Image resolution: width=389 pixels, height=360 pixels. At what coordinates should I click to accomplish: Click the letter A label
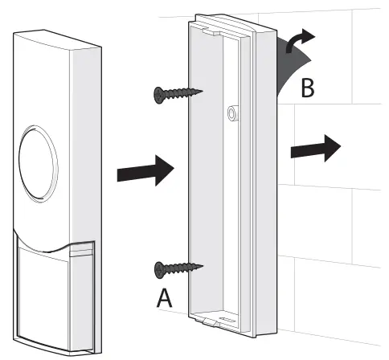pos(163,299)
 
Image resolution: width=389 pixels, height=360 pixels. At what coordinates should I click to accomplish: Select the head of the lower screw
pos(158,268)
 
